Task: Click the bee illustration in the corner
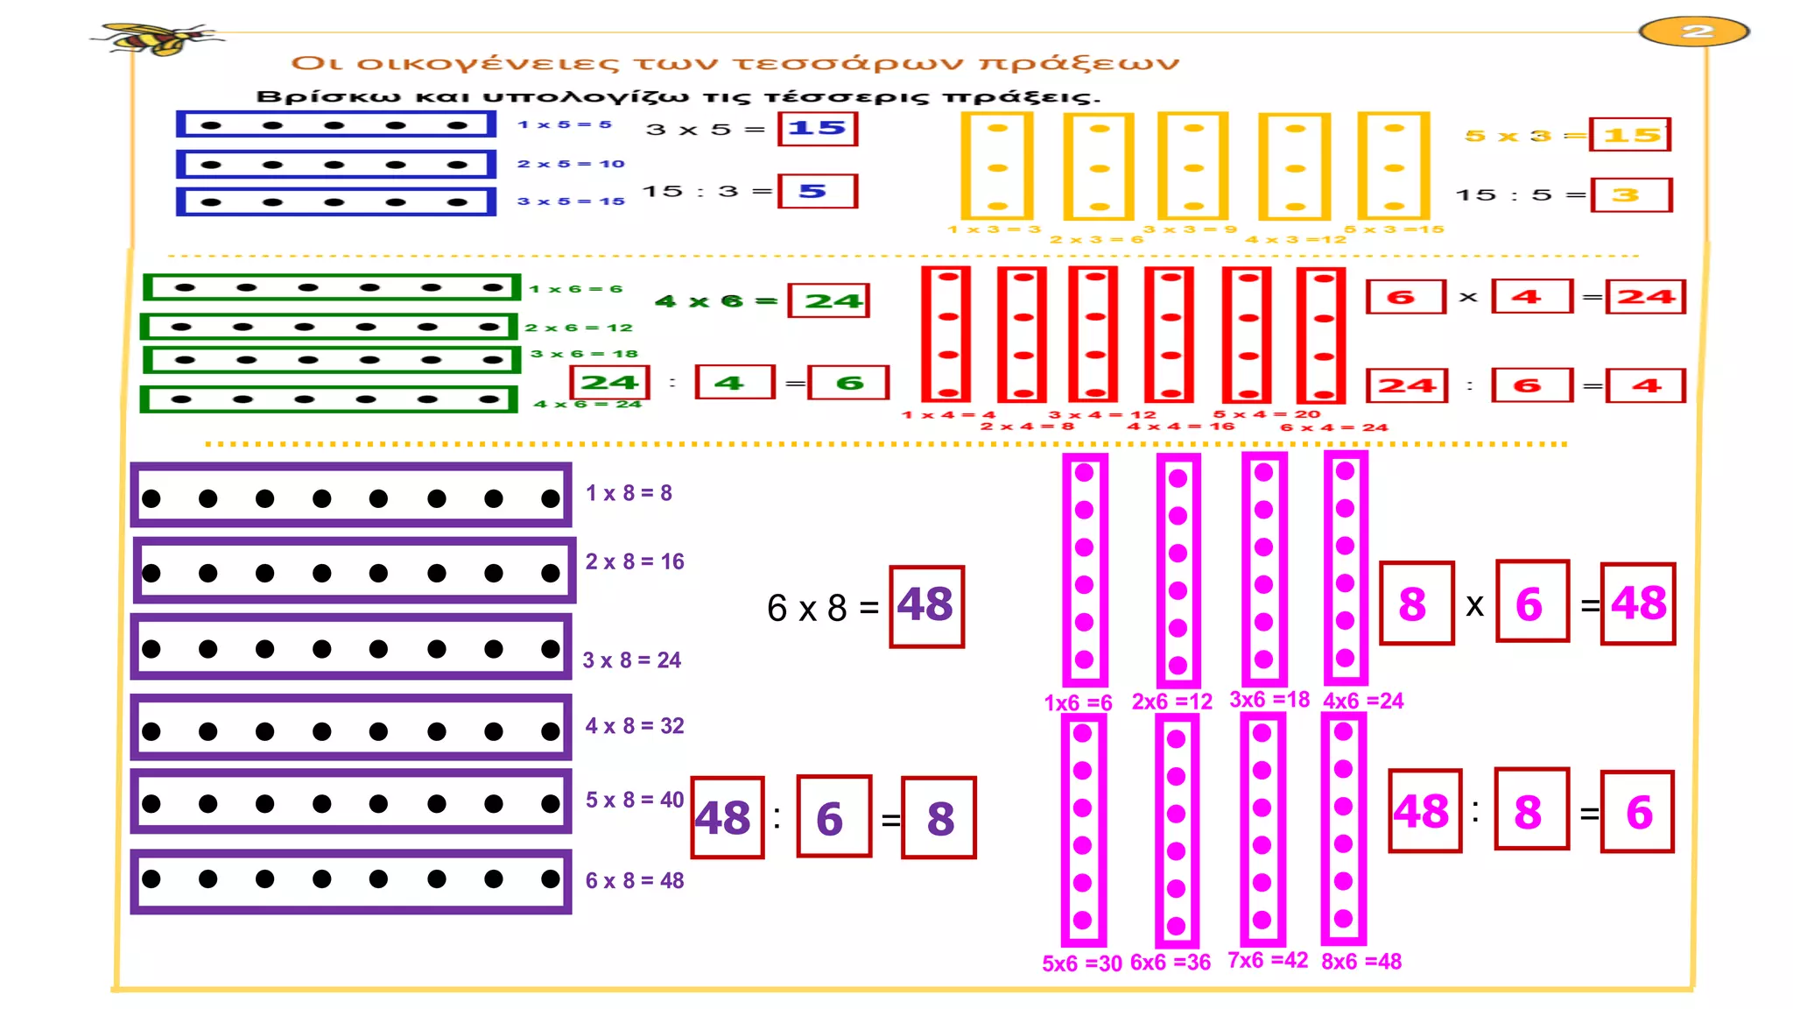(x=158, y=39)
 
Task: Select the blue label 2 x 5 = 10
(x=571, y=164)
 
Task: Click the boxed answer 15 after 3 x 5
(x=818, y=128)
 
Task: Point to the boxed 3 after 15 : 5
(x=1632, y=194)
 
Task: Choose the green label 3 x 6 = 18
(x=585, y=354)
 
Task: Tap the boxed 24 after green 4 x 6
(x=828, y=300)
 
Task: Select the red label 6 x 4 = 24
(x=1334, y=427)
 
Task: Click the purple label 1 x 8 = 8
(x=629, y=493)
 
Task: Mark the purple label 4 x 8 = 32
(x=635, y=726)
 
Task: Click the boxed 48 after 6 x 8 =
(x=926, y=606)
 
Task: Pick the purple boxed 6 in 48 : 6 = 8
(x=833, y=816)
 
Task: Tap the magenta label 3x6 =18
(x=1269, y=699)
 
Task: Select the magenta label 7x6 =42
(x=1268, y=960)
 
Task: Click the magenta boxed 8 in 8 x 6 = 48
(x=1417, y=603)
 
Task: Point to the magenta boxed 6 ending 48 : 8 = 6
(x=1637, y=811)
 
